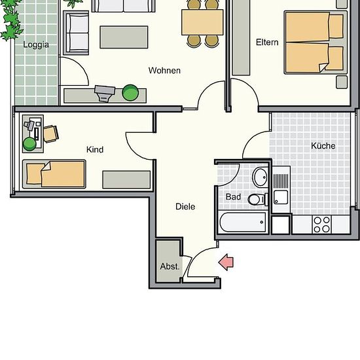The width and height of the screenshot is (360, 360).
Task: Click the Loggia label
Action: (36, 45)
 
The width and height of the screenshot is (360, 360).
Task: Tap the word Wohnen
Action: (164, 71)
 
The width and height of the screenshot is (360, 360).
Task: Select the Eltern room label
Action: (267, 43)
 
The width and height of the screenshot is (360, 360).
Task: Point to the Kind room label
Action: (95, 150)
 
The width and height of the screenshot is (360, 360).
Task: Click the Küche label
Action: (323, 145)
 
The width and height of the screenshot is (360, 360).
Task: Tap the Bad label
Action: (233, 197)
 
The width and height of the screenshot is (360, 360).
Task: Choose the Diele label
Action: (185, 207)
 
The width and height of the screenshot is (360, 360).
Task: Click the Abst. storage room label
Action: (170, 266)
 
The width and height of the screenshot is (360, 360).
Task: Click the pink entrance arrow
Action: (226, 262)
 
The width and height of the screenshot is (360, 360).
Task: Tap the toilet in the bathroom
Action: (258, 199)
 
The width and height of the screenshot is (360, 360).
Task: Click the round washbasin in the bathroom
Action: (260, 177)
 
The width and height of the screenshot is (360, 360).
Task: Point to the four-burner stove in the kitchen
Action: (321, 225)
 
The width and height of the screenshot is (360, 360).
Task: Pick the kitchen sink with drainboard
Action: (281, 189)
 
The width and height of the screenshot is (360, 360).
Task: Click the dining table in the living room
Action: (202, 22)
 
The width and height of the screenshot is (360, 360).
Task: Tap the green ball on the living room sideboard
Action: (130, 93)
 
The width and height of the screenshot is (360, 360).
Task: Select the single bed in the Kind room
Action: (54, 174)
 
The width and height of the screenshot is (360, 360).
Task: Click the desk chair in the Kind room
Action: (51, 134)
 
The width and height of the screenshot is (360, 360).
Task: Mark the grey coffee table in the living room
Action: (124, 37)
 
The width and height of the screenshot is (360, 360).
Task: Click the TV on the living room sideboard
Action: (105, 93)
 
